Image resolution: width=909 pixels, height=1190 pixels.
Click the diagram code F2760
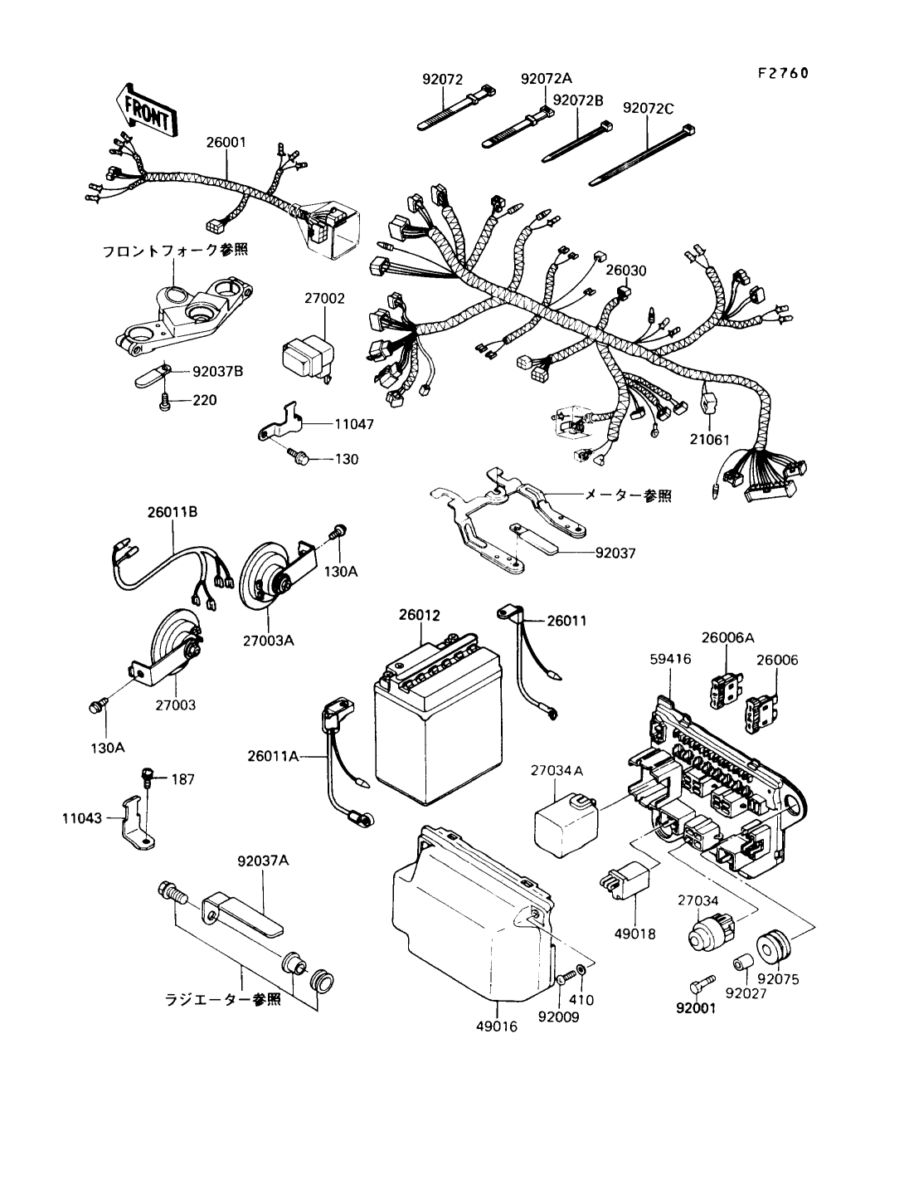click(781, 74)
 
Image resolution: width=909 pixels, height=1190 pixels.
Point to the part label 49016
click(497, 1026)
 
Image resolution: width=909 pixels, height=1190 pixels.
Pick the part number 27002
click(324, 298)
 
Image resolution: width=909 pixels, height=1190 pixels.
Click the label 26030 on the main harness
click(625, 271)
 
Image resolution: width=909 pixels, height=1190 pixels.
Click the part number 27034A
click(557, 772)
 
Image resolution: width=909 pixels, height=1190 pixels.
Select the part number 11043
click(81, 818)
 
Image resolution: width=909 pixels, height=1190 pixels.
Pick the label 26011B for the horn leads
click(172, 512)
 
